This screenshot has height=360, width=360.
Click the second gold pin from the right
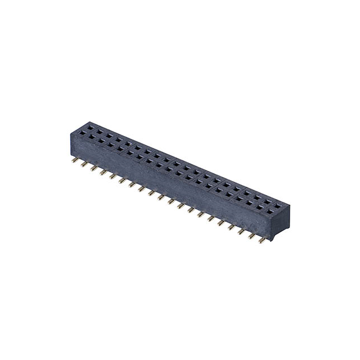[251, 236]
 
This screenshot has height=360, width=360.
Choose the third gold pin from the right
[242, 231]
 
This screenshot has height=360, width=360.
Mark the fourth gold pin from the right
[232, 227]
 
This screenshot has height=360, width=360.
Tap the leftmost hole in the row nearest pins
[82, 133]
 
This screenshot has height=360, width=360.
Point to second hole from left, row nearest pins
[92, 137]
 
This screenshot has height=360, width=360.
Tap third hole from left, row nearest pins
[101, 141]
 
